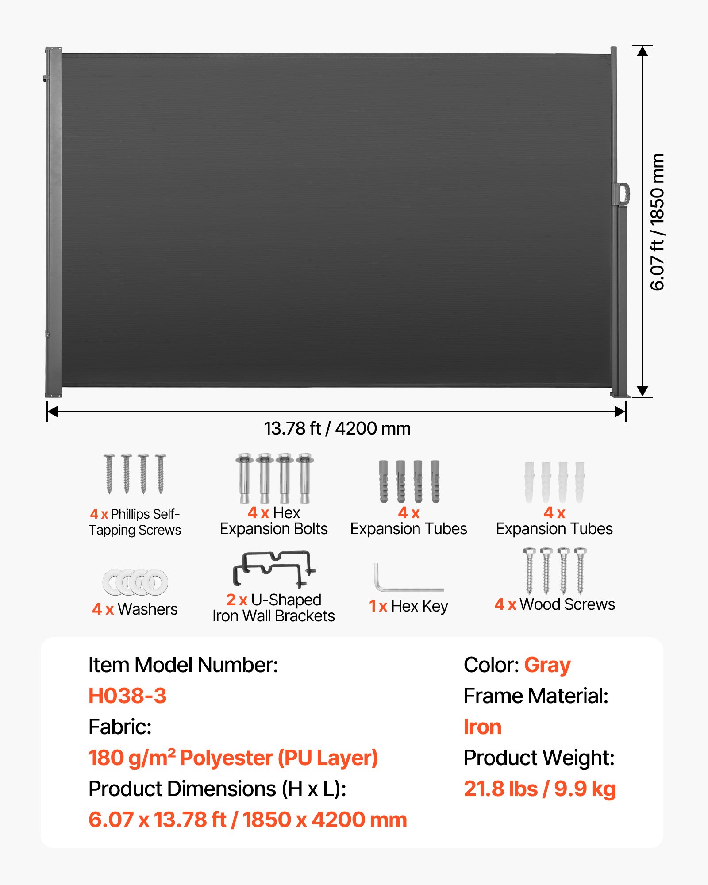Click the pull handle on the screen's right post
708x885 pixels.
[623, 193]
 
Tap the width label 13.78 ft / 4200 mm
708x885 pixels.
[337, 428]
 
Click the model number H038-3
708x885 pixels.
[127, 696]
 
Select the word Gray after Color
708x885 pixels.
[547, 665]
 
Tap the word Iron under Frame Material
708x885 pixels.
[482, 727]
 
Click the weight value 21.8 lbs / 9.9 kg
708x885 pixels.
[539, 789]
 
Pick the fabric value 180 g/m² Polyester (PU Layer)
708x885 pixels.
[233, 758]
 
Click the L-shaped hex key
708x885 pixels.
[407, 579]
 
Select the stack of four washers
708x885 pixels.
[135, 582]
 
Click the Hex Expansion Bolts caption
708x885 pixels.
[273, 521]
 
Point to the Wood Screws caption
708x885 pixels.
[555, 604]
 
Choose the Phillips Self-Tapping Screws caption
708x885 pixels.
[135, 522]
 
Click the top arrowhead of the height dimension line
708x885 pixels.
[643, 51]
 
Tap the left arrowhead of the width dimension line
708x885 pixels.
[53, 412]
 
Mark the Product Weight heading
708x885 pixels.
[539, 758]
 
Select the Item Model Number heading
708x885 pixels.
[183, 665]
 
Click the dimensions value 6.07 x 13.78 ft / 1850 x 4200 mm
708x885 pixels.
[247, 820]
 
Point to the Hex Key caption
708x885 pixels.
[408, 606]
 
